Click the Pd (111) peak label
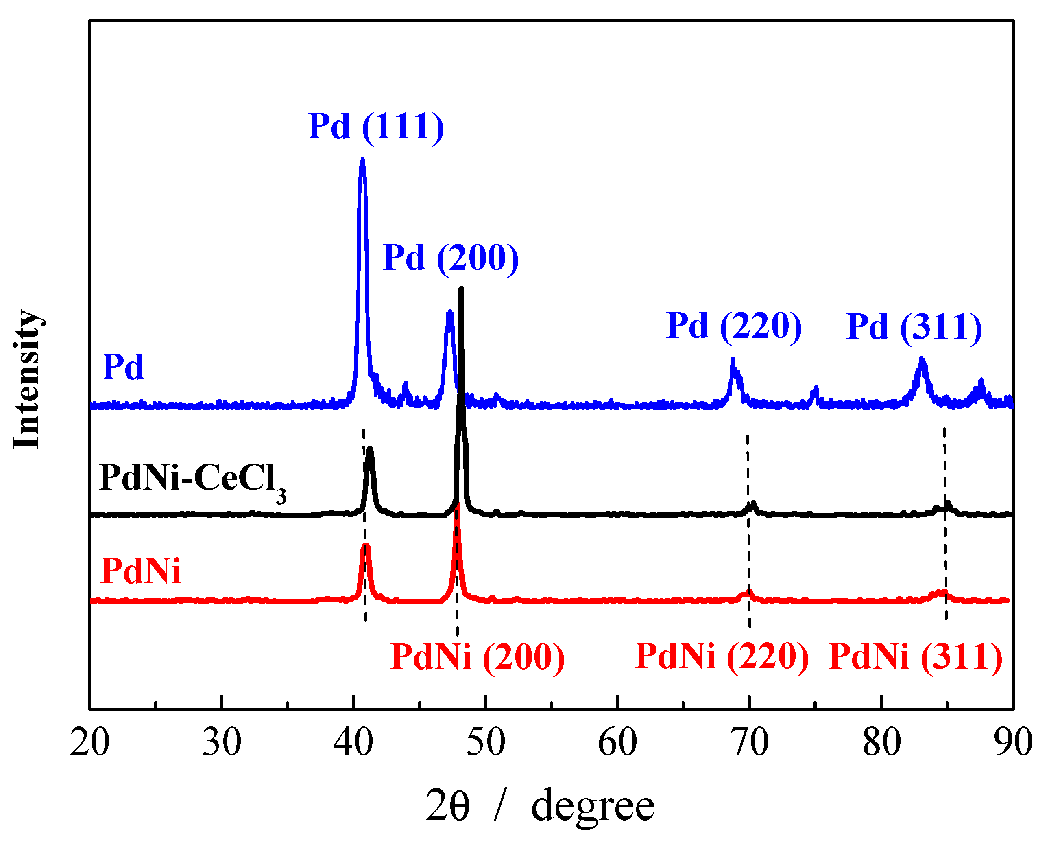(375, 127)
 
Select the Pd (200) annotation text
(450, 258)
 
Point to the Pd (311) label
(914, 327)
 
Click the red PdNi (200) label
(477, 657)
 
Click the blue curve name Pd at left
(123, 367)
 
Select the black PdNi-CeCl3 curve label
(192, 479)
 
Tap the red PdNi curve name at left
(140, 571)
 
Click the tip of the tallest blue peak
(362, 160)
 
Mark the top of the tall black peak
(461, 289)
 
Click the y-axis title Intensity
(27, 379)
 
